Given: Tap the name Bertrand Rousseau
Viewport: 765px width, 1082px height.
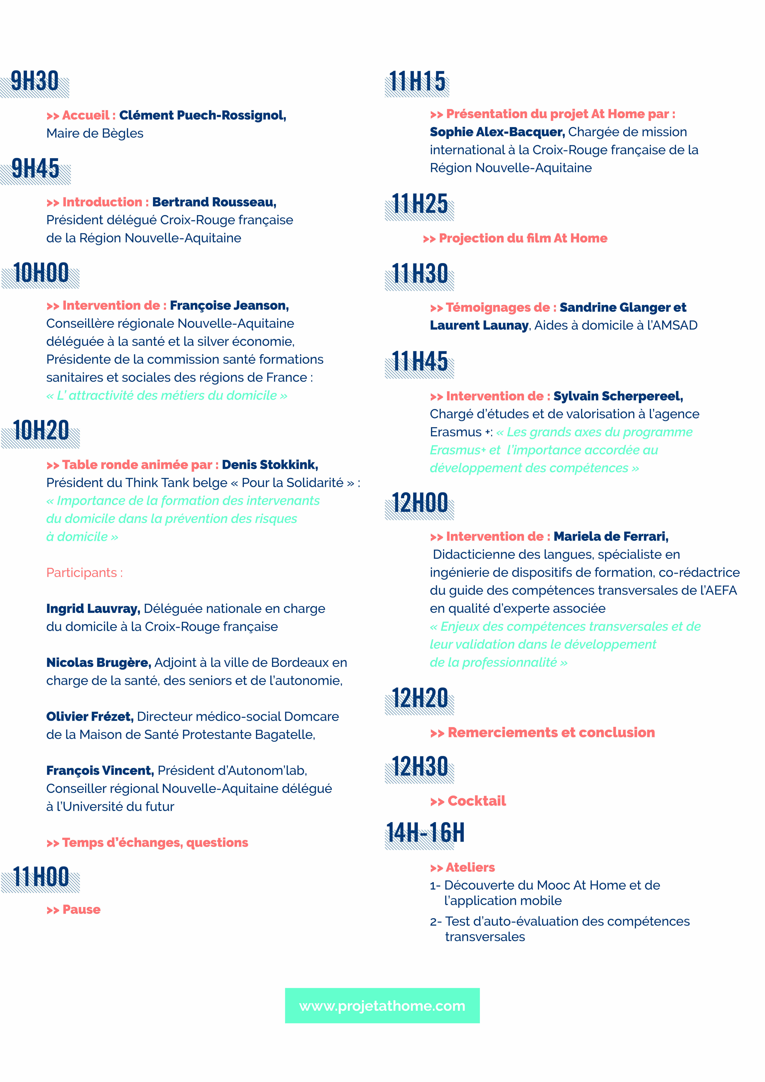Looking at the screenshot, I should point(214,202).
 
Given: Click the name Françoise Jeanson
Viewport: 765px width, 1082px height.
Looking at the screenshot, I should point(229,306).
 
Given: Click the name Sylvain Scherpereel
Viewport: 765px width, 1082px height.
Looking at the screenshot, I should point(618,396).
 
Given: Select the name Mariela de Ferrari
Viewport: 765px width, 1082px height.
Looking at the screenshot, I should point(610,537).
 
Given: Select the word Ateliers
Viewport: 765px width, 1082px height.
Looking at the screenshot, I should point(470,868).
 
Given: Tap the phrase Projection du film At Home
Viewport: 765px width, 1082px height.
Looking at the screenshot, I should point(523,238).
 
